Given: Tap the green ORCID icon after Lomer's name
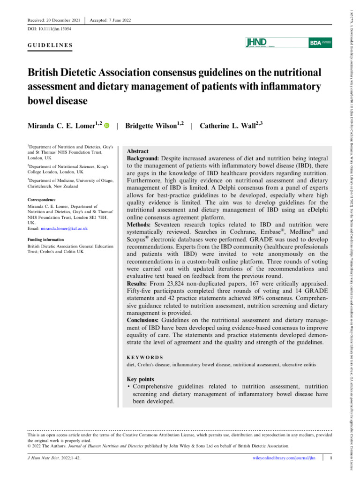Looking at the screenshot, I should click(x=106, y=126).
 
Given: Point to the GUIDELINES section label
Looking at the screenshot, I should click(x=50, y=45).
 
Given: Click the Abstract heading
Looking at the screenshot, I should click(x=138, y=151).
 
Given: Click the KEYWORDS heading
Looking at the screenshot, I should click(x=145, y=357).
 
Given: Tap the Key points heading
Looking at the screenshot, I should click(x=141, y=379).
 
